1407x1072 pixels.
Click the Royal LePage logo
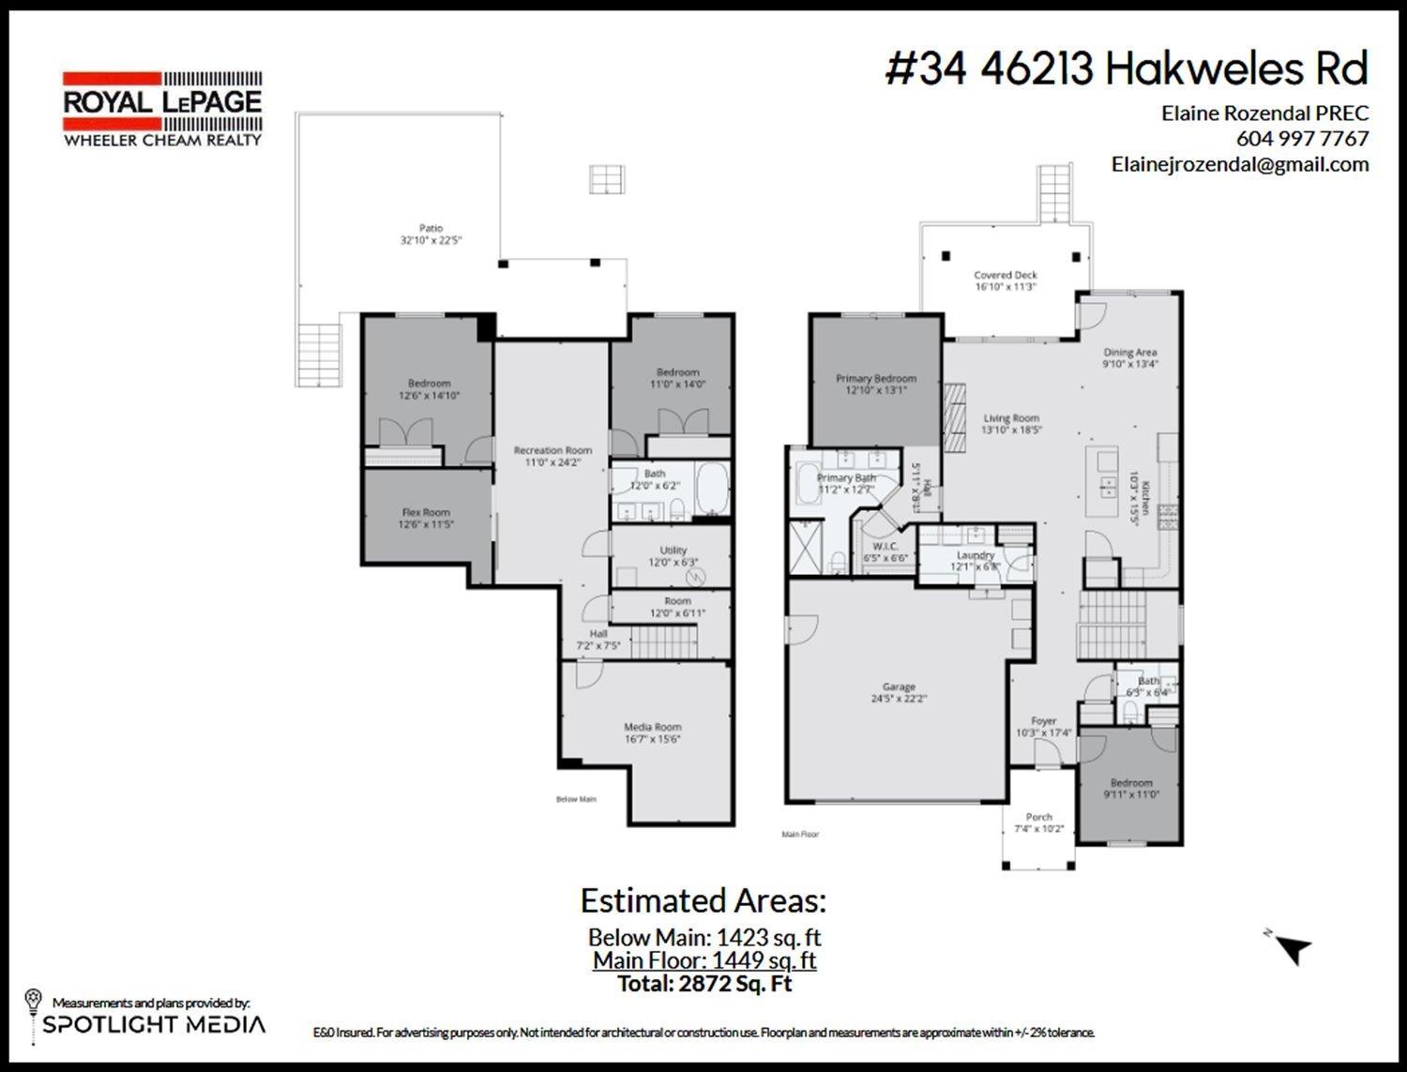point(162,109)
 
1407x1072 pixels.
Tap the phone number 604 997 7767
point(1302,139)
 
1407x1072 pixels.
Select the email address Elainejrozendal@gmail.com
point(1239,164)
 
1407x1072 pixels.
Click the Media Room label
point(653,727)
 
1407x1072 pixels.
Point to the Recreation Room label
point(552,450)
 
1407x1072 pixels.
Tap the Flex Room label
point(426,513)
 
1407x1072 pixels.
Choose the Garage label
point(898,687)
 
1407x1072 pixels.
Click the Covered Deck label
point(1006,275)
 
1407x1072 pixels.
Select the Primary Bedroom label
point(875,379)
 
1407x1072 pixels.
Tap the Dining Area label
point(1129,353)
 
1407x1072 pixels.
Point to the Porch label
point(1038,817)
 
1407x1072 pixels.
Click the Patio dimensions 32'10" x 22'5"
point(431,241)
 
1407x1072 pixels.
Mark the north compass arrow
point(1294,949)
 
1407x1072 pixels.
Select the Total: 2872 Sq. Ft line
point(703,984)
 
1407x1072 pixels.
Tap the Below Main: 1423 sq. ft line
point(703,937)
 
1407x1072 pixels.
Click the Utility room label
point(673,551)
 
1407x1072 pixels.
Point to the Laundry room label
point(975,555)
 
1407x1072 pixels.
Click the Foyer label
point(1043,721)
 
